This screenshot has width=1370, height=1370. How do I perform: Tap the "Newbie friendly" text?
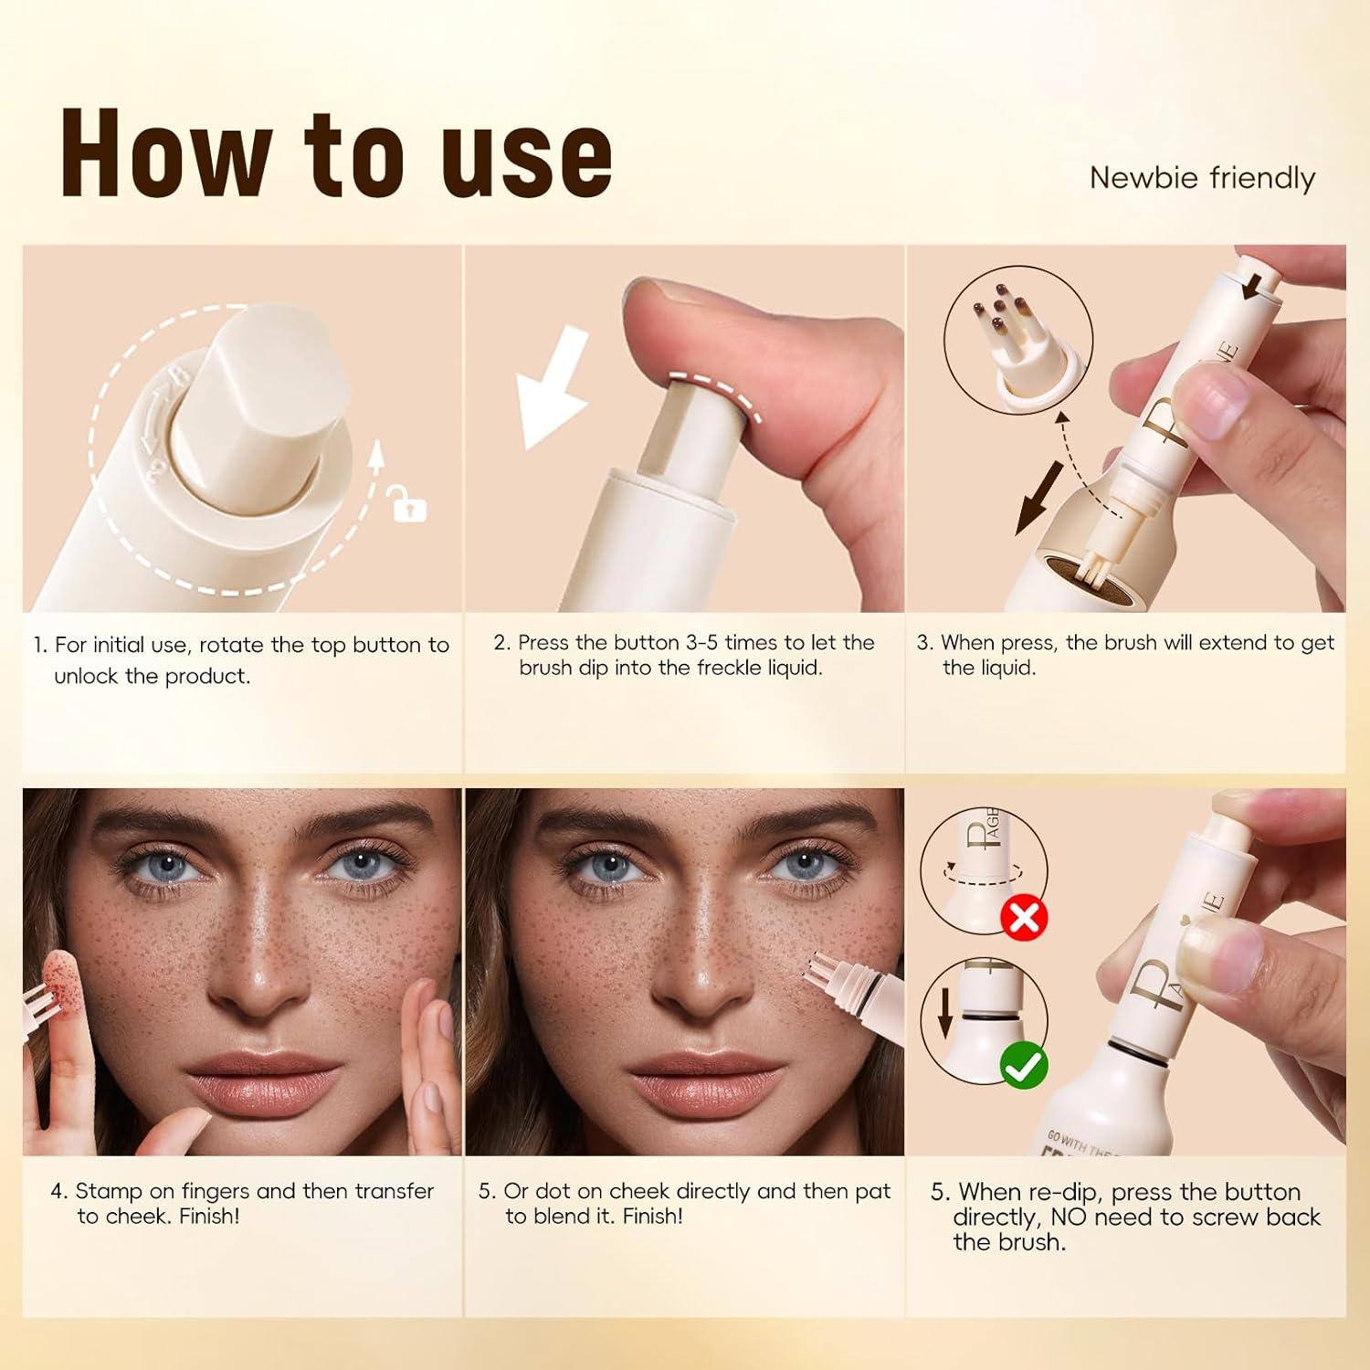click(x=1202, y=177)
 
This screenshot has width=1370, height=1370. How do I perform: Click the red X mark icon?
click(x=1024, y=917)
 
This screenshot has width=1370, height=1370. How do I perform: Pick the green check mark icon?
click(x=1024, y=1065)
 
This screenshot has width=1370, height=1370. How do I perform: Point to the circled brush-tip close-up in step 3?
click(x=1017, y=342)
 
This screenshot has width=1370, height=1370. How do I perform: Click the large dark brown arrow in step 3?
click(x=1040, y=498)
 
